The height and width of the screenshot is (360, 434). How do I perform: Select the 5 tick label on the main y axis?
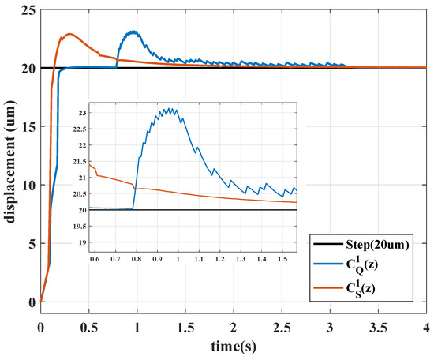click(x=31, y=243)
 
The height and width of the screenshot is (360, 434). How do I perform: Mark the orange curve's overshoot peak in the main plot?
click(x=69, y=34)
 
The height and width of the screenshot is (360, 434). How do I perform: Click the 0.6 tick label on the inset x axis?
click(x=95, y=258)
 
